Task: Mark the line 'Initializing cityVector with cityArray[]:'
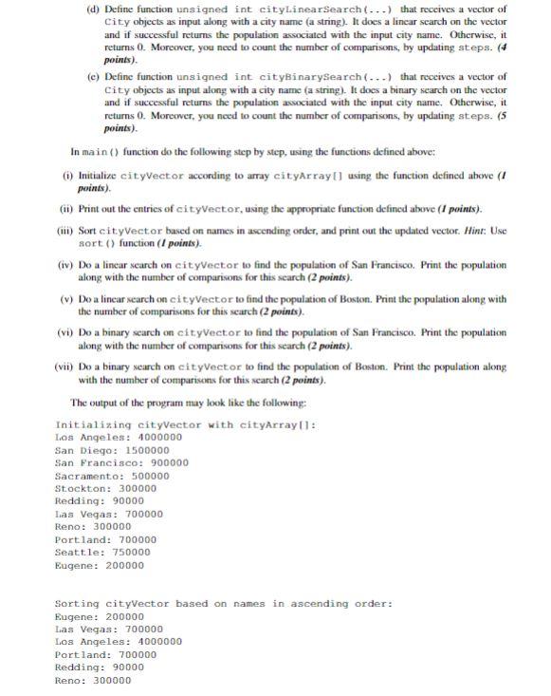coord(186,424)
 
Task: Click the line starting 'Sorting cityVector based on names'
coord(223,604)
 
